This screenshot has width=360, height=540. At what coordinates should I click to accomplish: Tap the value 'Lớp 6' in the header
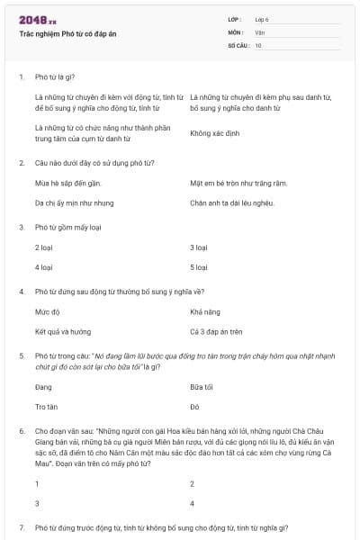coord(263,19)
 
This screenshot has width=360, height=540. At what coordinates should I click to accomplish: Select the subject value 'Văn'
coord(260,31)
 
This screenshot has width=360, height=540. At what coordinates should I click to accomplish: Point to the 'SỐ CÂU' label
coord(238,44)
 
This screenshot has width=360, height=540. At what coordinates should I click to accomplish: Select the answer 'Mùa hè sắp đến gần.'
coord(66,184)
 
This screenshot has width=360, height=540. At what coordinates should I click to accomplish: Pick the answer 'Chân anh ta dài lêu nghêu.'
coord(231,203)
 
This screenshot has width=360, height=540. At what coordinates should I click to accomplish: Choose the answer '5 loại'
coord(199,267)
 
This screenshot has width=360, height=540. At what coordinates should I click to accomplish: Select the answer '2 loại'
coord(44,247)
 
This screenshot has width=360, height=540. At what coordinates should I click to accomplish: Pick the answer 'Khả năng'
coord(203,312)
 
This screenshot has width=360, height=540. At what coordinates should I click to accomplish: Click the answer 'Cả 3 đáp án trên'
coord(216,332)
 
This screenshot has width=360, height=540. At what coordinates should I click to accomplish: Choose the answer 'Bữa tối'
coord(202,387)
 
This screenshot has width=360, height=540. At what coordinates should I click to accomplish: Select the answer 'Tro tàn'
coord(47,407)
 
